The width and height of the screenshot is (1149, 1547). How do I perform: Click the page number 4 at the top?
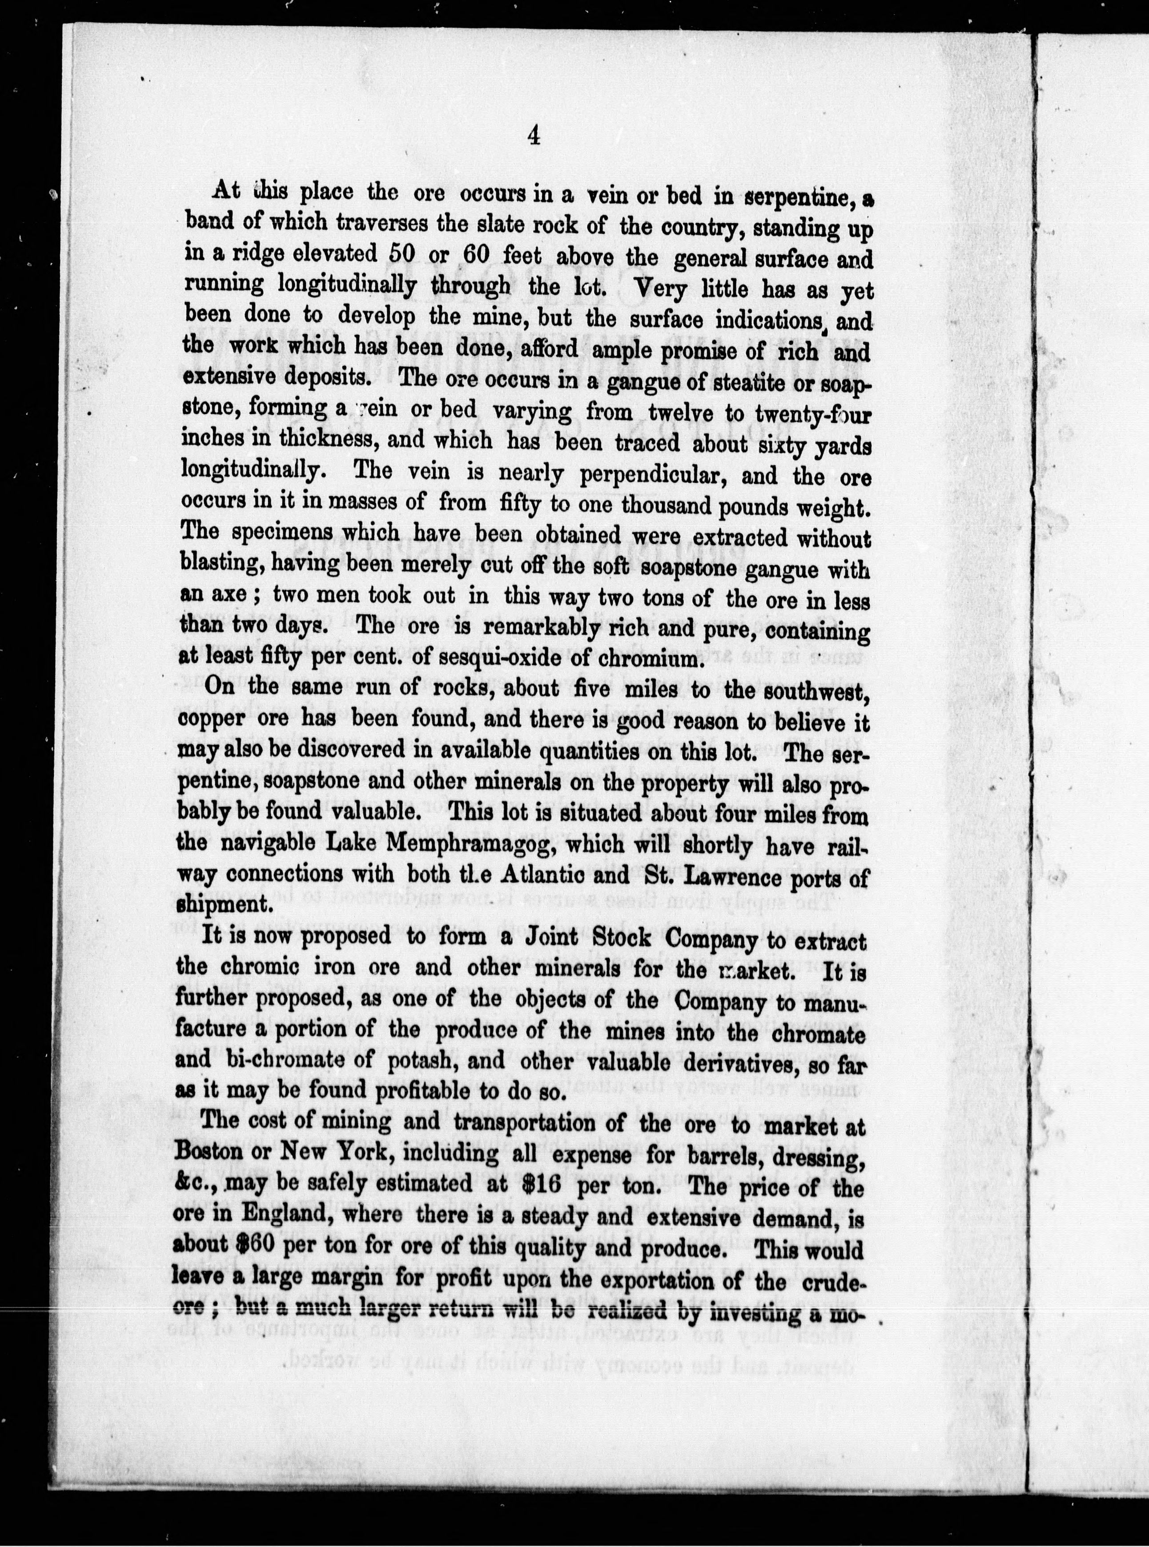(534, 135)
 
